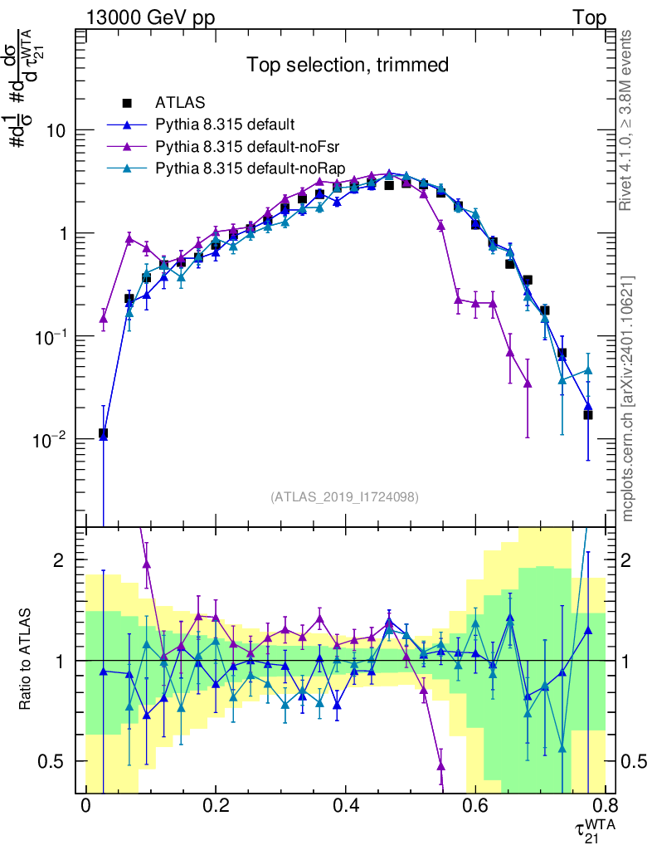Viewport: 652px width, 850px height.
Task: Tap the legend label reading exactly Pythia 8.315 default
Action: coord(224,125)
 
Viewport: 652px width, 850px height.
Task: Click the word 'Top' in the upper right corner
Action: coord(589,18)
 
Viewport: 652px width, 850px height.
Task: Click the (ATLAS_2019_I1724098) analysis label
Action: coord(344,497)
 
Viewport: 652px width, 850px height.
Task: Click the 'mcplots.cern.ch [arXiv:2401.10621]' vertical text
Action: coord(628,398)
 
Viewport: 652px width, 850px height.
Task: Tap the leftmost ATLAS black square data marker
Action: coord(103,433)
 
